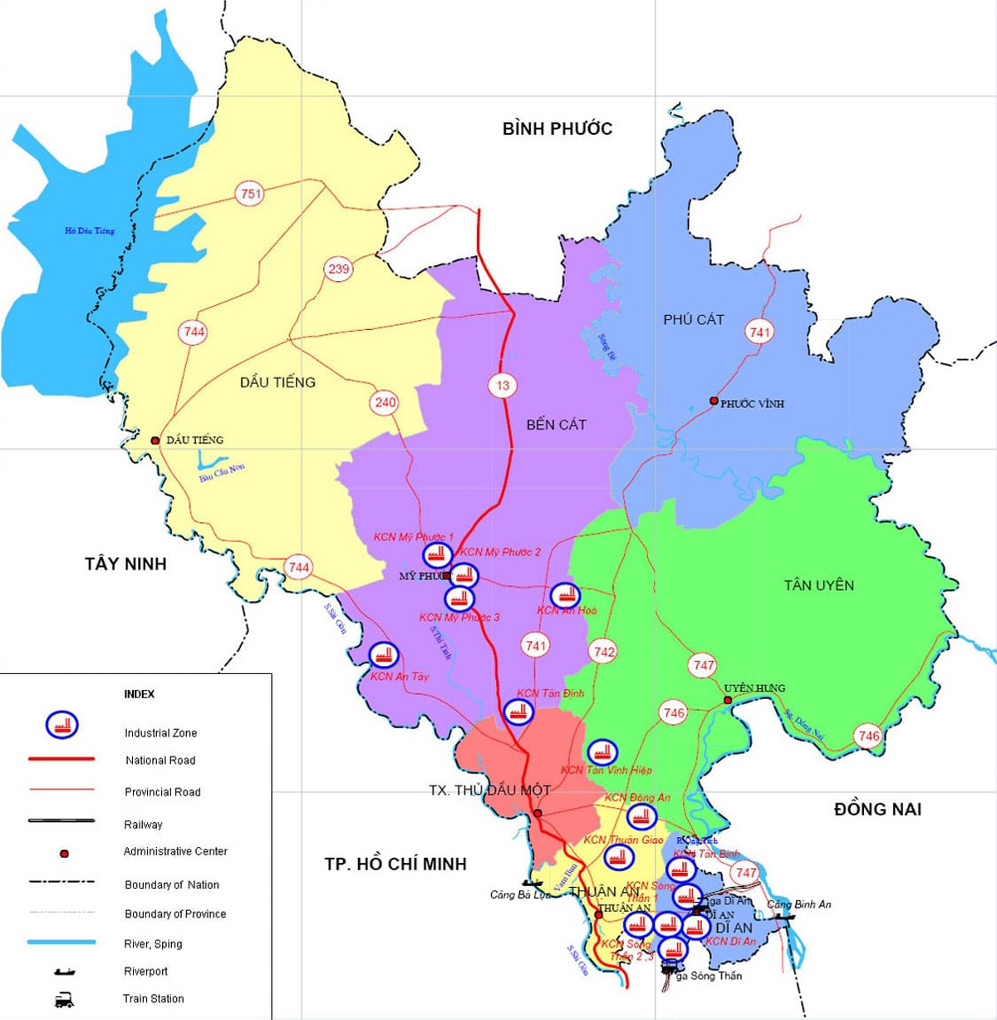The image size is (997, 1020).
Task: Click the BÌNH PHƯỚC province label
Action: (x=557, y=129)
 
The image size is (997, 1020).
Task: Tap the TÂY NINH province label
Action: (x=125, y=564)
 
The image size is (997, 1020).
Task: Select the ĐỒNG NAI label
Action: (x=877, y=810)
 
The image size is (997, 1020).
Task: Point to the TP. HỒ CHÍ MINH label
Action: (x=395, y=865)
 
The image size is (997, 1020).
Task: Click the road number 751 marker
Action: (x=250, y=195)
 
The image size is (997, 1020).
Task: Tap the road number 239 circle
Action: (x=339, y=269)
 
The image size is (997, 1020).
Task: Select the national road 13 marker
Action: (x=503, y=386)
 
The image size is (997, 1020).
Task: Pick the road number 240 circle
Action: (x=386, y=402)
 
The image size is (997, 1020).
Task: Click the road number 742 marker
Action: (x=604, y=652)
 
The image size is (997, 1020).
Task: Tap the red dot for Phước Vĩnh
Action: (x=714, y=402)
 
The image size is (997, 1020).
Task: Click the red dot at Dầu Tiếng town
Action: (x=155, y=441)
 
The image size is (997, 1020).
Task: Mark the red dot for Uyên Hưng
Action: (x=728, y=701)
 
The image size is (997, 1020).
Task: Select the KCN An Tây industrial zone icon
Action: (x=383, y=656)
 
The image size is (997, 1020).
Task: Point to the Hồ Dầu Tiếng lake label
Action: (x=90, y=231)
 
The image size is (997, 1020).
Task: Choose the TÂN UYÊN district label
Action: (x=818, y=586)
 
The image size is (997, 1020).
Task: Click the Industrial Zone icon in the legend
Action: (x=61, y=725)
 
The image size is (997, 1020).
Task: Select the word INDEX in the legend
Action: (x=140, y=694)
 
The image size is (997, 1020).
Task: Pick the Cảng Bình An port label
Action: (x=798, y=904)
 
